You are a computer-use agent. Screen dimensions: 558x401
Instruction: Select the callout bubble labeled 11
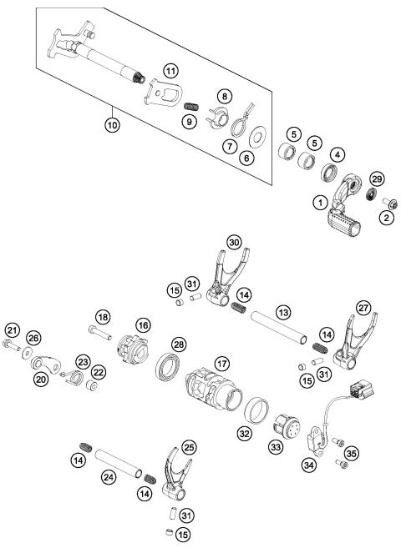pyautogui.click(x=170, y=71)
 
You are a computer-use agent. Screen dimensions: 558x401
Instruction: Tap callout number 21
pyautogui.click(x=13, y=330)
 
